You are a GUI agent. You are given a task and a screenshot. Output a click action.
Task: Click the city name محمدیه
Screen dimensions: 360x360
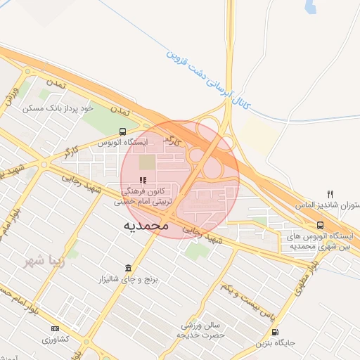(x=146, y=226)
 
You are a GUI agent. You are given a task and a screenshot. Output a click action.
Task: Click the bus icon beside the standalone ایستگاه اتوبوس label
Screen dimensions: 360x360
(x=123, y=131)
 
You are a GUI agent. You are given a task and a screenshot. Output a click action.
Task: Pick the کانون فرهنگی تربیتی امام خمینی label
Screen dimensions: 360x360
(x=143, y=195)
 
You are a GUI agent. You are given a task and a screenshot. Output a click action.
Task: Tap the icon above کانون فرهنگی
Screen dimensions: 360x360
(x=143, y=180)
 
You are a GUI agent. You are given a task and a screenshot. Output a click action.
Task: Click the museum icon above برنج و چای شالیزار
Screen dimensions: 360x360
(x=128, y=268)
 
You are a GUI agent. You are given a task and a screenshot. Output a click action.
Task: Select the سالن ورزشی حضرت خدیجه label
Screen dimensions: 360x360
(x=202, y=330)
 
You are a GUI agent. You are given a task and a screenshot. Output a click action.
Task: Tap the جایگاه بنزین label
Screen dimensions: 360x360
(x=274, y=343)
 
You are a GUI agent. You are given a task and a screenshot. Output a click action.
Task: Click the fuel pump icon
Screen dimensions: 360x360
(x=274, y=332)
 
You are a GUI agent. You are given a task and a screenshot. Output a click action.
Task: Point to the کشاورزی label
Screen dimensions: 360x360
(x=55, y=339)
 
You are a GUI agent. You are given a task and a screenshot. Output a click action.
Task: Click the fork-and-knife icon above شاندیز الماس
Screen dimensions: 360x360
(x=330, y=194)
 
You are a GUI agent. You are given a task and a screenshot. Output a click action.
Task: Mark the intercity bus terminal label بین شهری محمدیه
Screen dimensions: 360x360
(x=319, y=241)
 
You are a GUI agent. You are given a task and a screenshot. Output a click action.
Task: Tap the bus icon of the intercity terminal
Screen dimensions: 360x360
(x=320, y=226)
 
